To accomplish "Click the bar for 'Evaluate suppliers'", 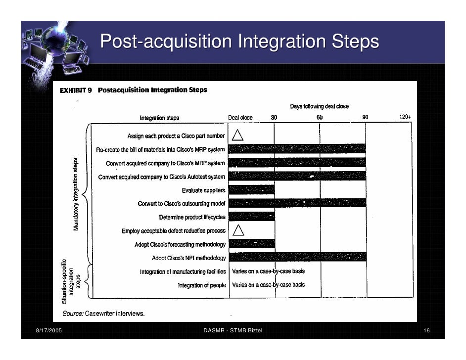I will [x=252, y=190].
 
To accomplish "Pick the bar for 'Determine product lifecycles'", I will [x=252, y=217].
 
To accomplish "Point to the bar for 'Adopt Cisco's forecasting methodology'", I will [x=252, y=244].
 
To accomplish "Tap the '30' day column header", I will [x=274, y=118].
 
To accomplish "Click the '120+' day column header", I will [x=405, y=117].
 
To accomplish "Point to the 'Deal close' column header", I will [x=240, y=118].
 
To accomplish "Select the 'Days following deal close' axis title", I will [x=319, y=106].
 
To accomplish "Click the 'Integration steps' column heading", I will [x=159, y=118].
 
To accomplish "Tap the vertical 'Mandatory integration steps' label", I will [x=76, y=194].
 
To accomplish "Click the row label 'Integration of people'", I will [x=202, y=285].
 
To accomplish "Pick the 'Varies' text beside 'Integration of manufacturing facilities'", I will [x=240, y=271].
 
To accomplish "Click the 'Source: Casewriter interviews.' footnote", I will [x=103, y=314].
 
